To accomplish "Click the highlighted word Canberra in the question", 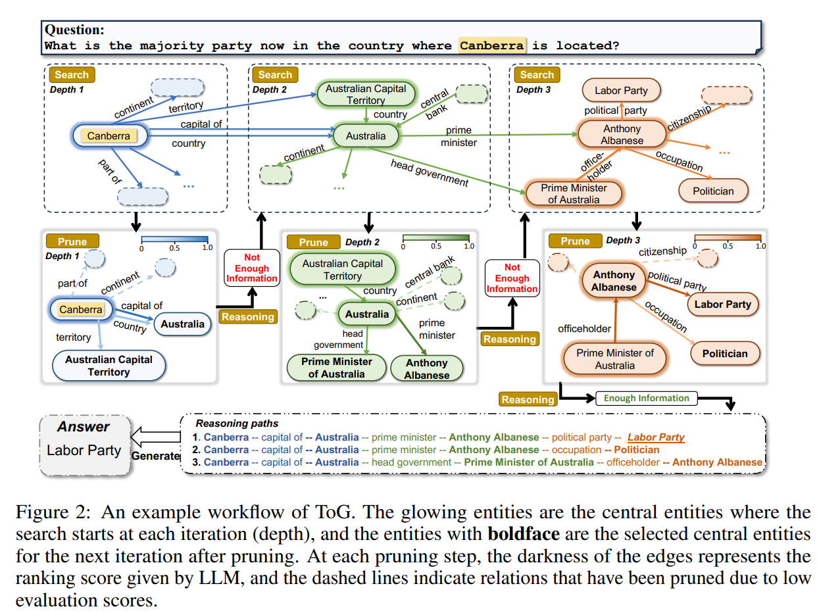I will (492, 45).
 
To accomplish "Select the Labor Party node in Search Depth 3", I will (621, 91).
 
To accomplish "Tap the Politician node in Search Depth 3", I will (713, 191).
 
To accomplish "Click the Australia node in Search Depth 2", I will (366, 136).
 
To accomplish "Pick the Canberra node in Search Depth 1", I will (109, 136).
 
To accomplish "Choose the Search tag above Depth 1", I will (72, 74).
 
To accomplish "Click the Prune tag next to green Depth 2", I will (313, 242).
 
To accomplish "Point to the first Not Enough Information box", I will (251, 268).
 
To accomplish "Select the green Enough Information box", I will (646, 398).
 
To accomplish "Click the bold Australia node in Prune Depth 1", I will (182, 324).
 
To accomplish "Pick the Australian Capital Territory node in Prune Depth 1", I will (109, 366).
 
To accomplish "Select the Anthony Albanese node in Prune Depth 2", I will (426, 369).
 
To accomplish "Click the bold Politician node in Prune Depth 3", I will (724, 353).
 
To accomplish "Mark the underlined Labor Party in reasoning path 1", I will (655, 437).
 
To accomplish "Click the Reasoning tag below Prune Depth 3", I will (528, 399).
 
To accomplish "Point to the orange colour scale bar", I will (728, 238).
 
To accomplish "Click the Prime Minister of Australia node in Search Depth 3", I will (574, 193).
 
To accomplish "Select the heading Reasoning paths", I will (237, 424).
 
